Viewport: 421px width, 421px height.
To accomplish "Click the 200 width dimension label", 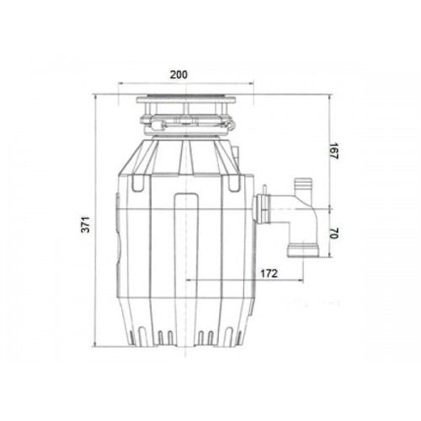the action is (179, 75).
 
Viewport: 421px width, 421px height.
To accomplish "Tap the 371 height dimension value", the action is (87, 224).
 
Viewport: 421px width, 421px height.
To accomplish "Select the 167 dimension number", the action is (334, 152).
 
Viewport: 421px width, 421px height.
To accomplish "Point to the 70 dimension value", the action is (334, 233).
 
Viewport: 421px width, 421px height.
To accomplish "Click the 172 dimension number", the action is (269, 273).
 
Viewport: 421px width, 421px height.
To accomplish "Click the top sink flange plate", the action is (186, 99).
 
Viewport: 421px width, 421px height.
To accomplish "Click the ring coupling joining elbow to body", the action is (262, 209).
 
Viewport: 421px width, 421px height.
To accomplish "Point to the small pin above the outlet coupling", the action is (264, 189).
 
